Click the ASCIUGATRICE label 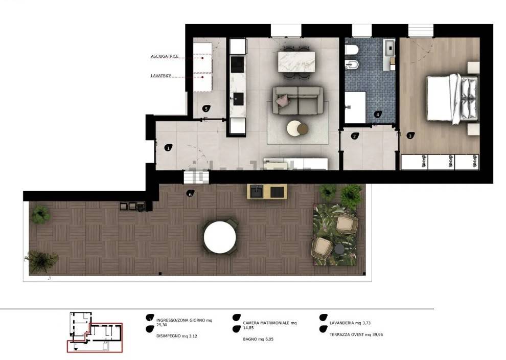(165, 56)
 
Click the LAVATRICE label (161, 76)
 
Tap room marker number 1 (168, 148)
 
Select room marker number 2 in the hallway (355, 136)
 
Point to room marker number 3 (410, 136)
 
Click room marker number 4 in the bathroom (378, 115)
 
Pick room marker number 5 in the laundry (206, 108)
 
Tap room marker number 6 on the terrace (191, 194)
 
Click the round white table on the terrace (220, 237)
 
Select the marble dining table (296, 62)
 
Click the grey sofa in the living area (297, 100)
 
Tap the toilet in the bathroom (352, 50)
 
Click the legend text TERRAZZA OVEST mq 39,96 (356, 335)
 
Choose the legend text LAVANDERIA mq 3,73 (350, 323)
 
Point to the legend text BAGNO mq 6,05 (258, 340)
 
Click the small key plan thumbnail (95, 332)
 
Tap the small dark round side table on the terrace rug (339, 250)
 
